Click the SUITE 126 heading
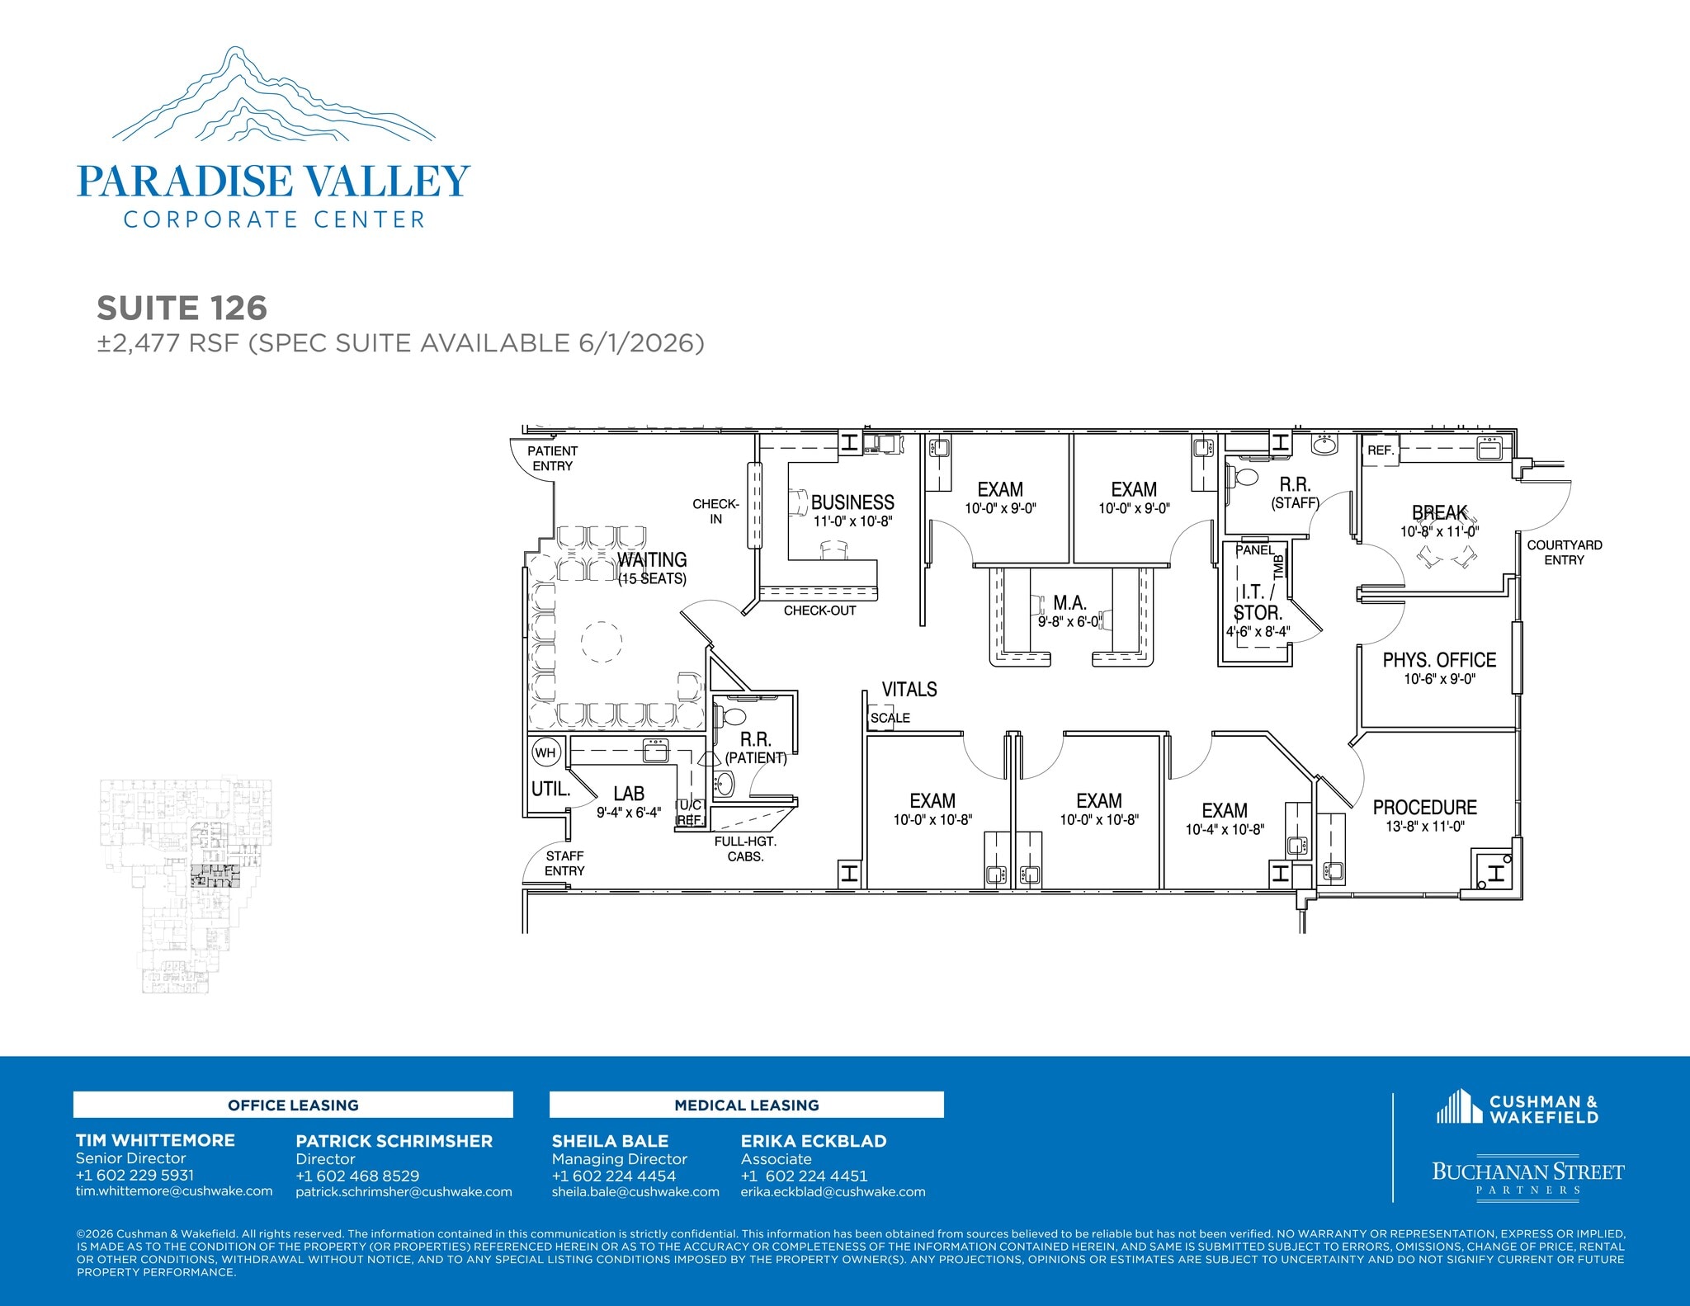click(x=182, y=309)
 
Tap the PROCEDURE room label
click(x=1424, y=808)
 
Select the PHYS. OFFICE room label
click(x=1439, y=661)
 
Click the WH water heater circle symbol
click(x=545, y=752)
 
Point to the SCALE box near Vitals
click(x=889, y=718)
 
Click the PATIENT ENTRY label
click(x=552, y=459)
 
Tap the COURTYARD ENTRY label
click(x=1564, y=553)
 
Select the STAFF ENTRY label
click(x=564, y=864)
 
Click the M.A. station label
click(x=1069, y=604)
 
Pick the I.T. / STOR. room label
click(x=1257, y=602)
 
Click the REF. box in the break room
click(x=1380, y=450)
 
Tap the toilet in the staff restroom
click(x=1244, y=478)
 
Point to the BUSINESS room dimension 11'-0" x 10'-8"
click(x=852, y=521)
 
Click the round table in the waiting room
click(x=602, y=642)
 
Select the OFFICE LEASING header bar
click(x=293, y=1105)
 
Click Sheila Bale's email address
click(x=635, y=1192)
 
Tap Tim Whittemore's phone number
click(x=135, y=1175)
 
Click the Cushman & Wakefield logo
click(x=1517, y=1108)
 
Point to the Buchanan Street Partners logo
click(x=1527, y=1175)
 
